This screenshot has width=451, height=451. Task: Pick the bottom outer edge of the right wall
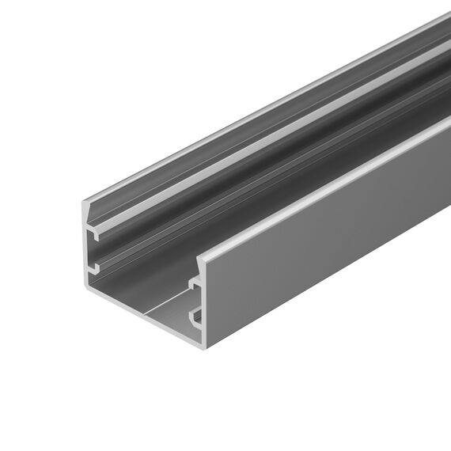pyautogui.click(x=332, y=281)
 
